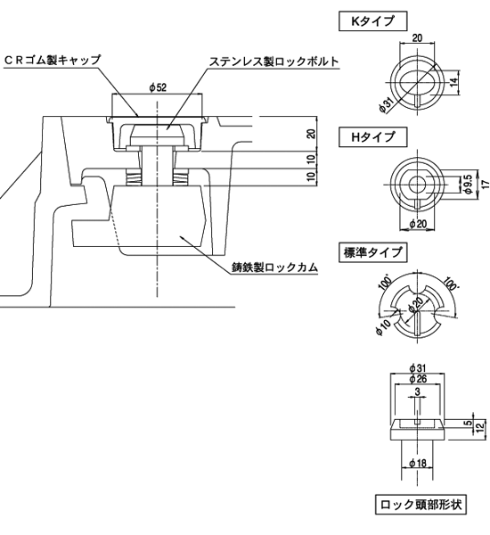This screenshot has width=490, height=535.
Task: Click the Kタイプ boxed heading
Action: point(372,21)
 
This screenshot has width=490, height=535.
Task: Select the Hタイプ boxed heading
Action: point(372,137)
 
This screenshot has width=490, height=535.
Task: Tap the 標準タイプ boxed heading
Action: point(372,252)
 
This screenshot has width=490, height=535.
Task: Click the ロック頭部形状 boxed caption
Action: point(421,505)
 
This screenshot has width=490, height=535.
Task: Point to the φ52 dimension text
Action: point(158,87)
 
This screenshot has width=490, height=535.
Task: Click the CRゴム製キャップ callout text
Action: point(53,60)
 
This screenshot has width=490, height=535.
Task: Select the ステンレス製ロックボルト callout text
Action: point(274,62)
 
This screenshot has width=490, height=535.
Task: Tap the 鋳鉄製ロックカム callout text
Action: point(274,267)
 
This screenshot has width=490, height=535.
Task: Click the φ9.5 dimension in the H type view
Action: point(469,184)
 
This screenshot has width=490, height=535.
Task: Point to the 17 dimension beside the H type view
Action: point(486,184)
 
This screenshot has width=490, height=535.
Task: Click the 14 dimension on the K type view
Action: point(453,83)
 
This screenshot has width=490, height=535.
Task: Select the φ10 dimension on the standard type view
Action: point(383,327)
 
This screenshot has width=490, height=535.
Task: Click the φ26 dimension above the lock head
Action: point(418,379)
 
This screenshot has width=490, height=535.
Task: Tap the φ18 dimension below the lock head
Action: point(418,463)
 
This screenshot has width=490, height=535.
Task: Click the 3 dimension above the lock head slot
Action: point(418,391)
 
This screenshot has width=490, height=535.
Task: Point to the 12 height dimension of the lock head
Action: point(480,428)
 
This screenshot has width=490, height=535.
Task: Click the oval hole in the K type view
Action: point(418,82)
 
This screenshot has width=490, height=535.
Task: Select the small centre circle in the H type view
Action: point(418,184)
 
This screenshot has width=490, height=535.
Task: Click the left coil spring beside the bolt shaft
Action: point(134,177)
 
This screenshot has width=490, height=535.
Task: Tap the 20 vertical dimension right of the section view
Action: point(311,134)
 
